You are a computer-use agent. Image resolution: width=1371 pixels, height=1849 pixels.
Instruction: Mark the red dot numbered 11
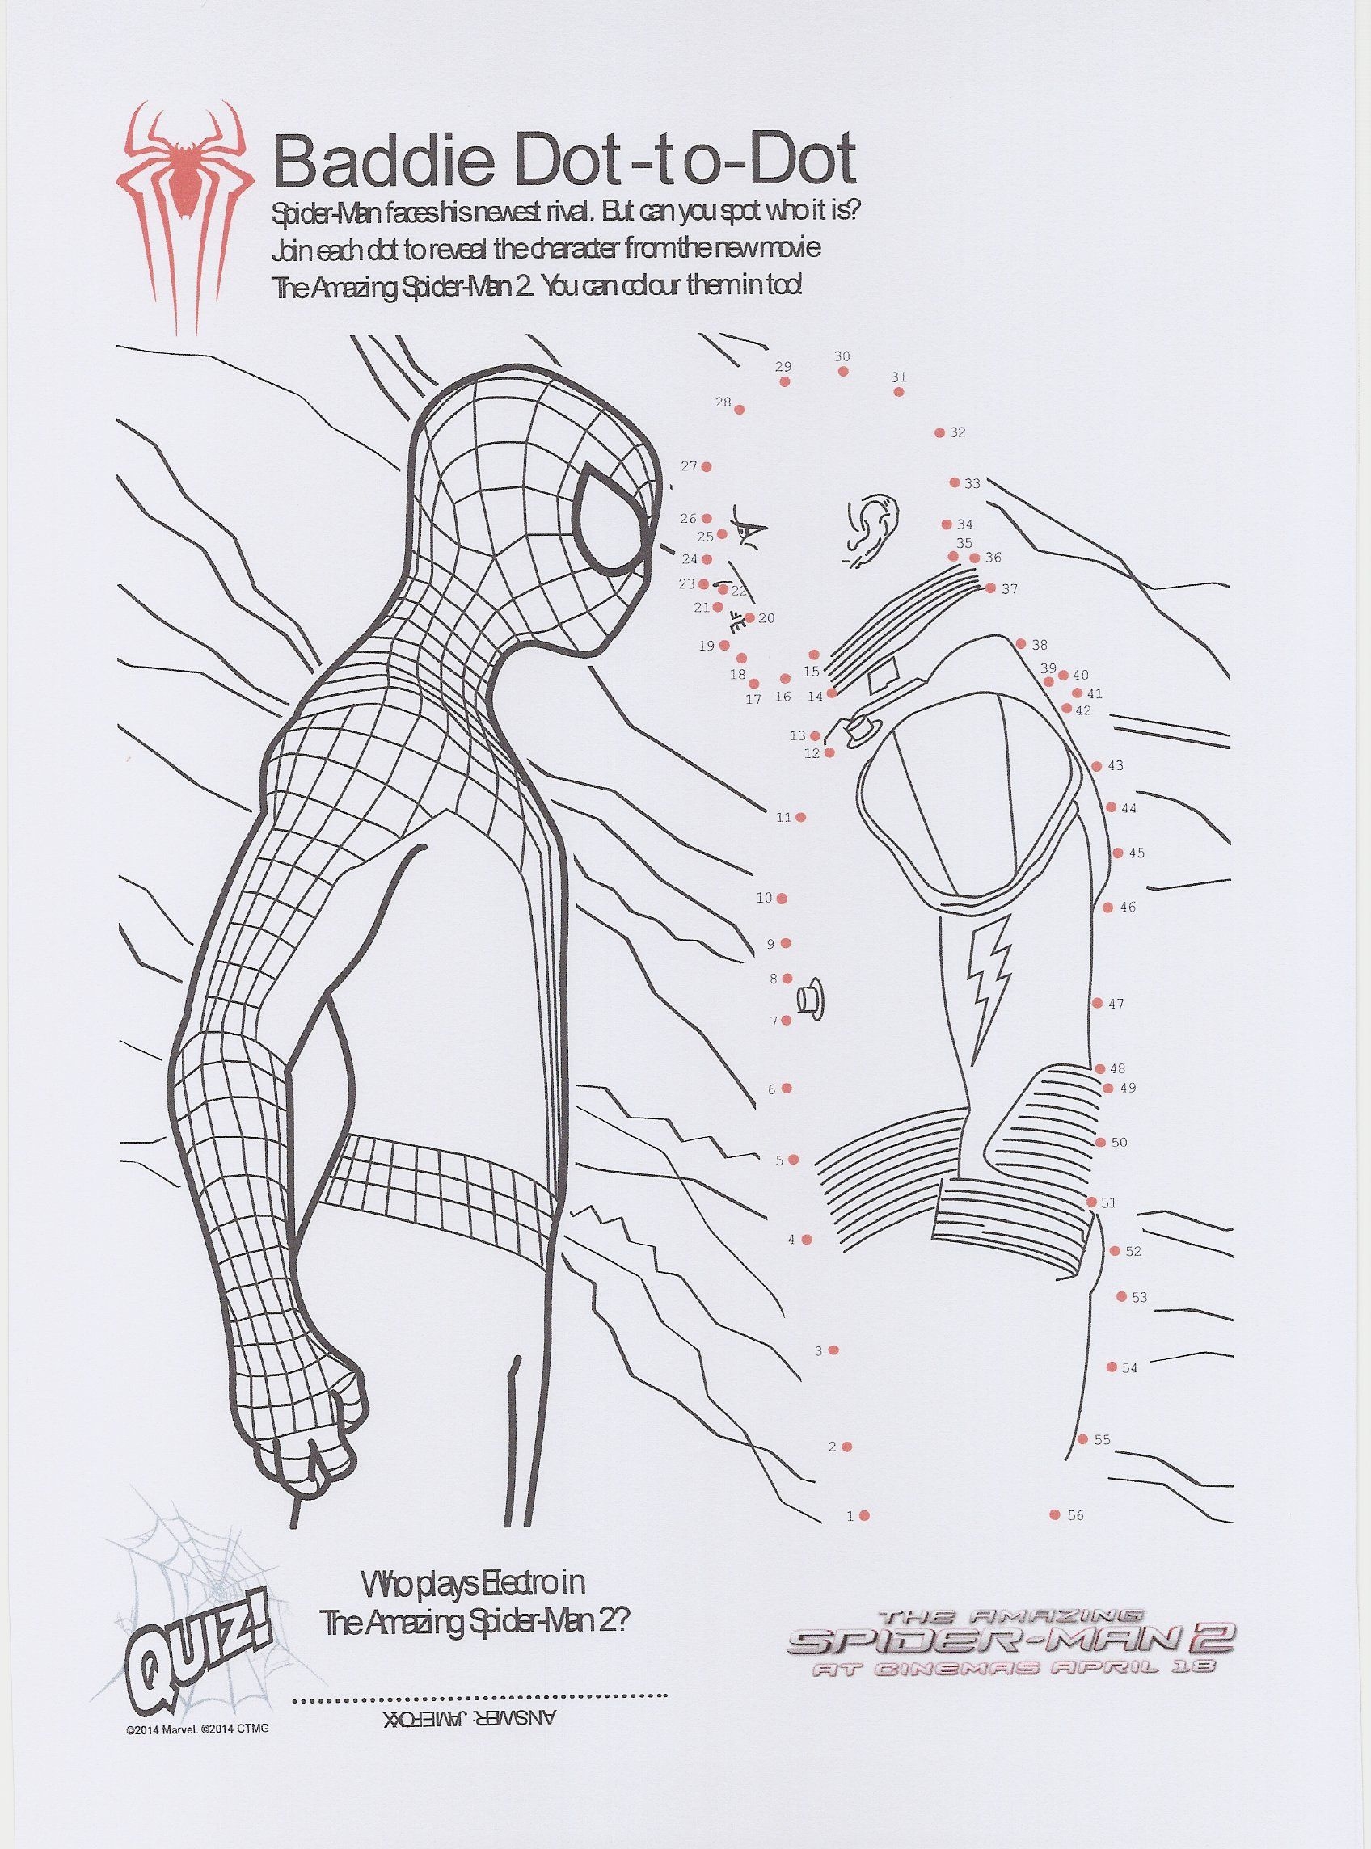pos(800,817)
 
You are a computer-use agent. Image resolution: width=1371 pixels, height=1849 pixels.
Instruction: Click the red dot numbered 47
pos(1097,1004)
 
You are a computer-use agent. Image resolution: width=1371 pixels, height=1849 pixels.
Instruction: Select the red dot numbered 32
pos(939,433)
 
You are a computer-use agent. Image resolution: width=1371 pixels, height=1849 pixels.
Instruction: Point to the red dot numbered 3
pos(834,1350)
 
